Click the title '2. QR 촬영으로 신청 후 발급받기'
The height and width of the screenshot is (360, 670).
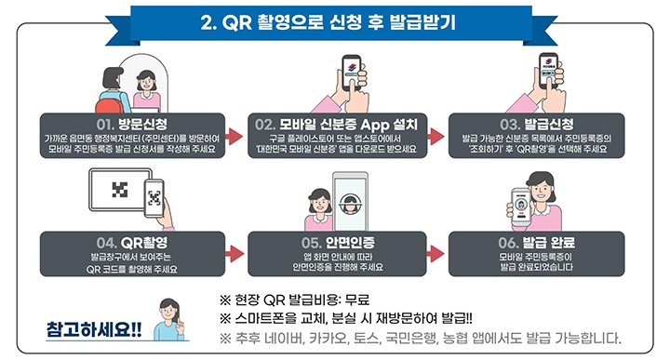point(334,20)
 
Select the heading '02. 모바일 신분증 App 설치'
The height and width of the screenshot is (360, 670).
point(333,122)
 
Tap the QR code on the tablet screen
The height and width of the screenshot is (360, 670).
point(118,191)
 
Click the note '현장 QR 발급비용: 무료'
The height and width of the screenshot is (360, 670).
point(294,299)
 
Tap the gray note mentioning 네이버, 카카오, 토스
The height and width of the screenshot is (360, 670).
point(420,337)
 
